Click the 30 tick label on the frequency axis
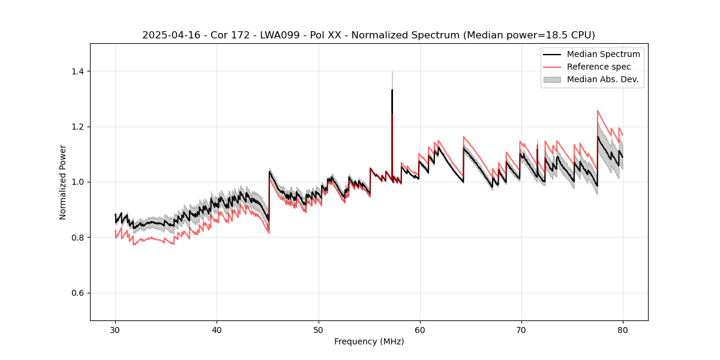(115, 329)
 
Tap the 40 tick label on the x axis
(217, 329)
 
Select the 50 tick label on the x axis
(318, 329)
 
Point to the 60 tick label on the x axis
(420, 329)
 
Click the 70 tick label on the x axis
(521, 329)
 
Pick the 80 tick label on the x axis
(623, 329)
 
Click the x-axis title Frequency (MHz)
(369, 341)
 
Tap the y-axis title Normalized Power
(63, 182)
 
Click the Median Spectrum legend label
(603, 55)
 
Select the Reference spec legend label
(598, 67)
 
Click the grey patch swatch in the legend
(552, 79)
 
